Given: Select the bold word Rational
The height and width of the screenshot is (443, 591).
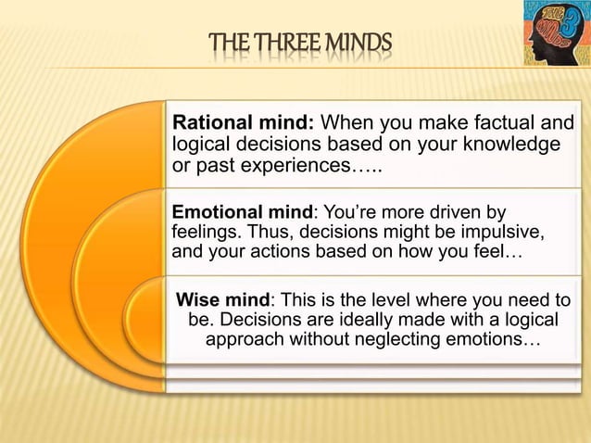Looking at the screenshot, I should (210, 123).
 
